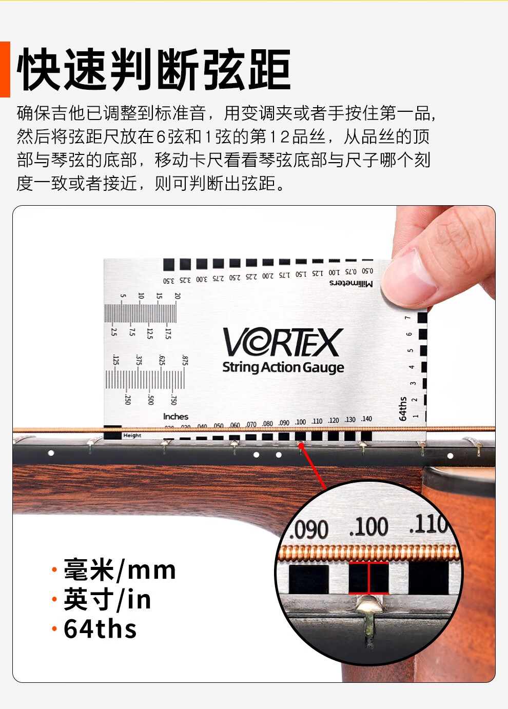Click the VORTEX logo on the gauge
tap(282, 342)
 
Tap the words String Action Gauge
tap(283, 367)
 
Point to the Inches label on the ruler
tap(175, 417)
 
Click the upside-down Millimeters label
tap(351, 283)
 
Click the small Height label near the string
tap(132, 436)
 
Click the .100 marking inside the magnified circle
tap(368, 527)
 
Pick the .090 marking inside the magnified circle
tap(309, 529)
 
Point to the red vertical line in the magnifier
tap(368, 577)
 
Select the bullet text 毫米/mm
tap(120, 570)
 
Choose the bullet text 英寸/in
tap(107, 600)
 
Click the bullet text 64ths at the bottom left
tap(100, 629)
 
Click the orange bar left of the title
tap(5, 69)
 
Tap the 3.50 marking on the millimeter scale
tap(169, 281)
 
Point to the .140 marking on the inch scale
tap(366, 419)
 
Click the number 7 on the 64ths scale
tap(408, 318)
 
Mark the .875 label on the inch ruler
tap(184, 360)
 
